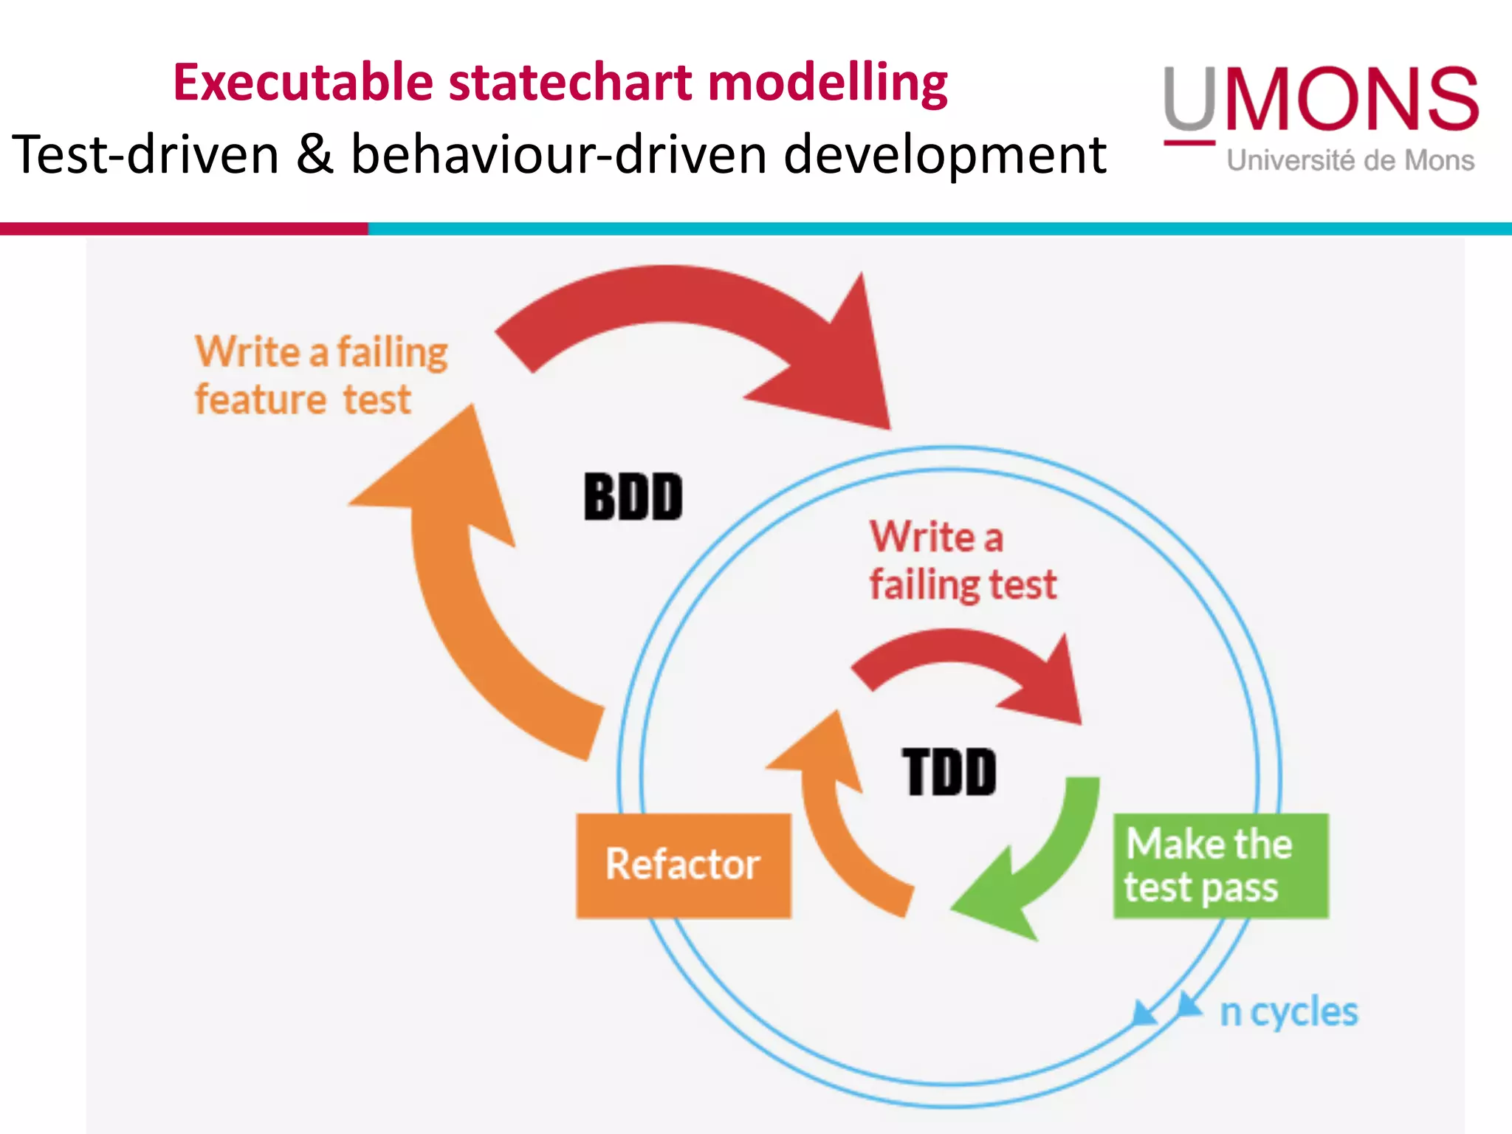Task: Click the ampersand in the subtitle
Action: point(315,155)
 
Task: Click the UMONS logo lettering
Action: point(1322,100)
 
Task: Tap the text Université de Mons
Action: point(1350,160)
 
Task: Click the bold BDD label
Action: point(633,497)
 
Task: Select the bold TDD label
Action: point(949,772)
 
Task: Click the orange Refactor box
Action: point(683,865)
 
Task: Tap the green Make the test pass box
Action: point(1220,865)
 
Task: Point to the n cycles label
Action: point(1288,1011)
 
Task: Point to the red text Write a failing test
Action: point(962,561)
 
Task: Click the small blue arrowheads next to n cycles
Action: point(1166,1008)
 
